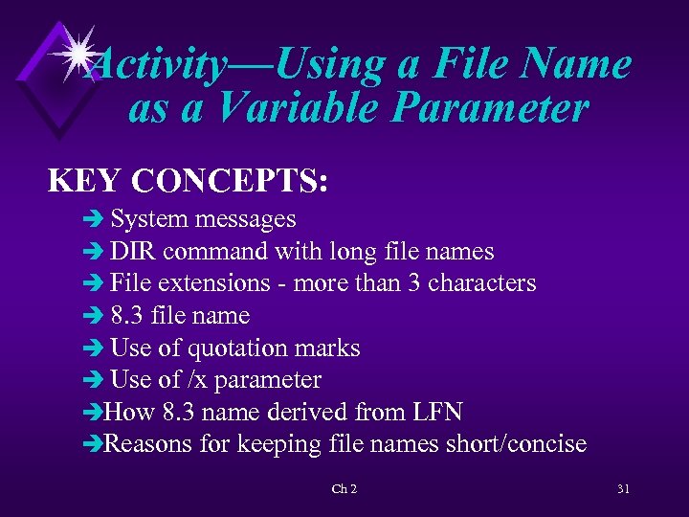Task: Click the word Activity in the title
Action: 157,65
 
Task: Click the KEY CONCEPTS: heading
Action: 189,180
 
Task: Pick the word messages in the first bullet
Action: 245,219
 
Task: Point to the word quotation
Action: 250,348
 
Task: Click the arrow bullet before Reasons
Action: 92,445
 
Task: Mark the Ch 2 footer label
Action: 344,489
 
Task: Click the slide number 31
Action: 623,489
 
